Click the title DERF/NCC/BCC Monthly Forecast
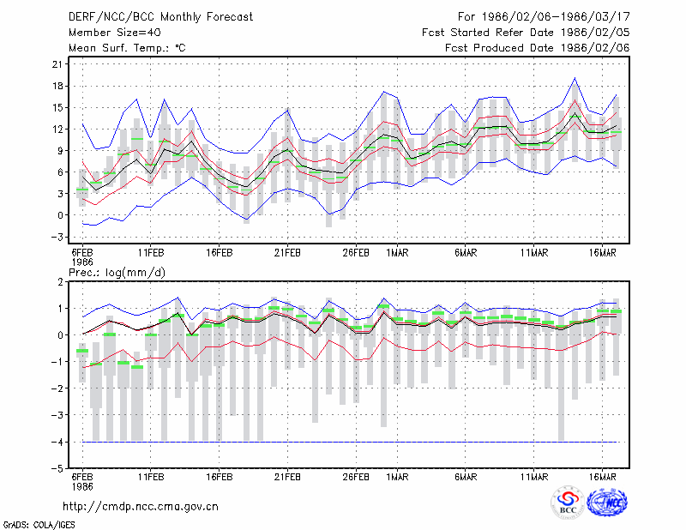160,17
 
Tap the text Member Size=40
115,33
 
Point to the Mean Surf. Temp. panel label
127,48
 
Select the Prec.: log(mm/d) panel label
117,273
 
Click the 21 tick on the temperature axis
57,64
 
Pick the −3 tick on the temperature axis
57,237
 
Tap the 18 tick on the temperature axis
57,86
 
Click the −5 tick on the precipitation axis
57,468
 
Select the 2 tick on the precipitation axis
60,282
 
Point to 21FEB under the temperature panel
287,253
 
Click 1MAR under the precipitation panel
397,477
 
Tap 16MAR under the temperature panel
603,253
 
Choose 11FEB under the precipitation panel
151,477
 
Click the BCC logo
568,502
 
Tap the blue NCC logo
607,502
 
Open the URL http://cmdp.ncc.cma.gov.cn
141,507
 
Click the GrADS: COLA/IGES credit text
39,525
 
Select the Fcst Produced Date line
538,48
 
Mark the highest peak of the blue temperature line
575,78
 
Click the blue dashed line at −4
350,442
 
